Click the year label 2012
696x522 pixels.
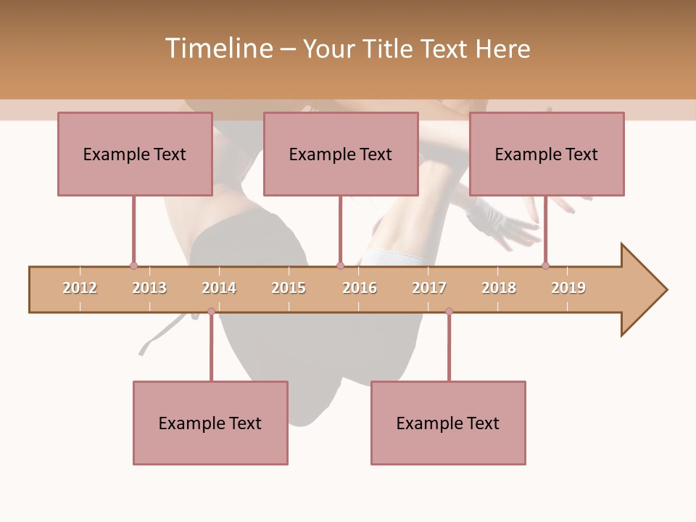point(80,288)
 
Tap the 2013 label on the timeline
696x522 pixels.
point(149,288)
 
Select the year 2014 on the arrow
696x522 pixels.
point(219,288)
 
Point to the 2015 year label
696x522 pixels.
point(289,288)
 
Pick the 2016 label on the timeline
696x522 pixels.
point(360,288)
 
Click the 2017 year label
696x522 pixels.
point(429,288)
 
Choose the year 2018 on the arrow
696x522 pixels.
point(499,288)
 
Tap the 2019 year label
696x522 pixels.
point(568,288)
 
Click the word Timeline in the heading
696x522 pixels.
point(218,49)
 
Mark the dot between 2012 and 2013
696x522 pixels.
point(133,266)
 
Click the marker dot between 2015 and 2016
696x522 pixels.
point(340,266)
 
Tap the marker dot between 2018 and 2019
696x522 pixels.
point(545,266)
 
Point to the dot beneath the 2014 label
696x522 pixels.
point(211,312)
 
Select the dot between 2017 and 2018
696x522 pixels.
point(449,312)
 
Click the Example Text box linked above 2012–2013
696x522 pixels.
point(135,154)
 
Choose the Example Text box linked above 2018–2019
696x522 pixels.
point(547,154)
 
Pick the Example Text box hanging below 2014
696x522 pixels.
point(210,423)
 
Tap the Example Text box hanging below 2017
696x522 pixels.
point(448,423)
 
